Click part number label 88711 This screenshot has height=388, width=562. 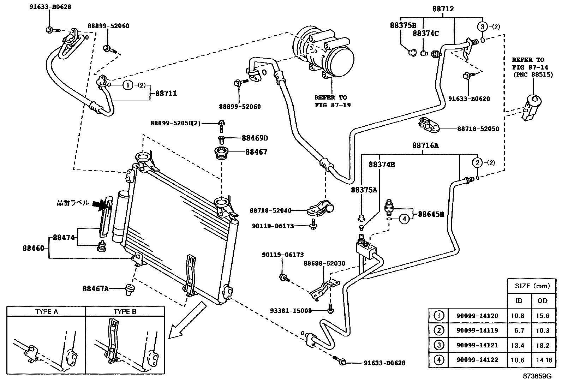[x=166, y=94]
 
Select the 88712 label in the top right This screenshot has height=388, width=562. [x=443, y=8]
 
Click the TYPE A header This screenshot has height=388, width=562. [x=46, y=311]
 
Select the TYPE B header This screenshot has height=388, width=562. [x=125, y=311]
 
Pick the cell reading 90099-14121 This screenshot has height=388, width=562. [x=477, y=345]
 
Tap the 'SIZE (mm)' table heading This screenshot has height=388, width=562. [x=532, y=286]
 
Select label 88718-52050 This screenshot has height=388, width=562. [x=478, y=129]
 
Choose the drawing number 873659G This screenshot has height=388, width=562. [x=537, y=376]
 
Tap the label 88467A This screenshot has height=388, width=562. [x=95, y=289]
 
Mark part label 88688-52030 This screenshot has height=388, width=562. [x=324, y=264]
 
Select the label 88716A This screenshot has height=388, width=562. [x=425, y=145]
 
